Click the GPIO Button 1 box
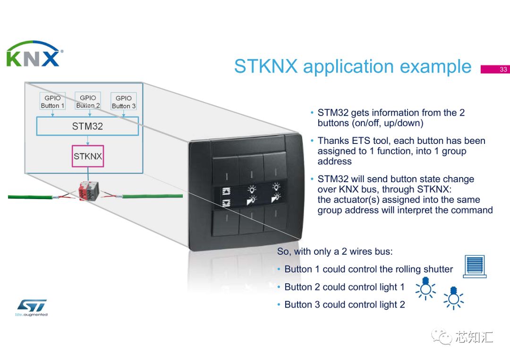tap(52, 102)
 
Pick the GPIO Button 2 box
tap(88, 101)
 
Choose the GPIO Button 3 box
tap(124, 102)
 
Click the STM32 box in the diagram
tap(87, 126)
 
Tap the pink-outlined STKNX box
tap(88, 156)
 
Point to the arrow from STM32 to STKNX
tap(88, 141)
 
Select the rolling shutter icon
tap(475, 266)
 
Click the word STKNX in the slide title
tap(266, 67)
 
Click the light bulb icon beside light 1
tap(425, 288)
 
